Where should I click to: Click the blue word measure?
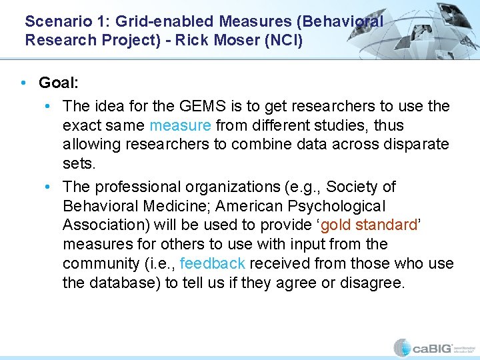180,125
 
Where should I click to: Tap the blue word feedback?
213,263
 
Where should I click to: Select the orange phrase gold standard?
367,225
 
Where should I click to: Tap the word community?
101,263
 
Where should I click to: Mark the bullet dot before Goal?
23,83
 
